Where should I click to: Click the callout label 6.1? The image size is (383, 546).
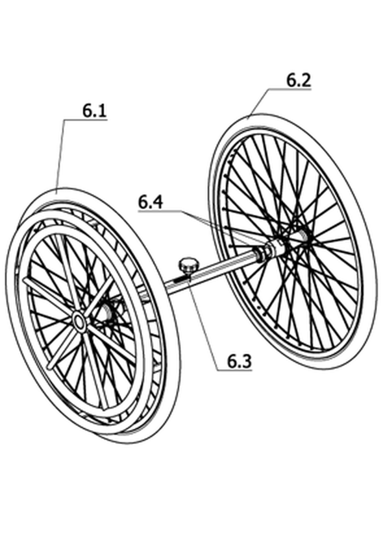tap(94, 111)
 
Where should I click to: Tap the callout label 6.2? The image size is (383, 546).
tap(299, 80)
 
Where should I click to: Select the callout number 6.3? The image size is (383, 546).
tap(239, 361)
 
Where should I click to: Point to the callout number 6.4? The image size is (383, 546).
tap(150, 202)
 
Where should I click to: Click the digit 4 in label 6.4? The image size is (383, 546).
tap(157, 202)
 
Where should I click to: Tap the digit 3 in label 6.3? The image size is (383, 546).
tap(246, 361)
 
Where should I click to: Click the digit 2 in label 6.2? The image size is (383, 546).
tap(305, 80)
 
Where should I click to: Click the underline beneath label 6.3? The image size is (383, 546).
tap(234, 370)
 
